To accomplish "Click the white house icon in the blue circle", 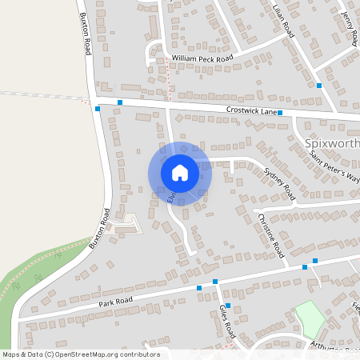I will [179, 173].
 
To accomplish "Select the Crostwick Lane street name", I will [250, 110].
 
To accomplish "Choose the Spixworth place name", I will [333, 144].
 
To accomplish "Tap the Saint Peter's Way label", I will [335, 166].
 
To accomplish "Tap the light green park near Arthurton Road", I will [310, 318].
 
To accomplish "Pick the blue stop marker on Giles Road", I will [228, 306].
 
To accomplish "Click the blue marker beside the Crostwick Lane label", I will [280, 114].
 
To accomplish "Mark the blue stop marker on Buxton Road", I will [97, 109].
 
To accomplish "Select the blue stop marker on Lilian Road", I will [318, 85].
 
